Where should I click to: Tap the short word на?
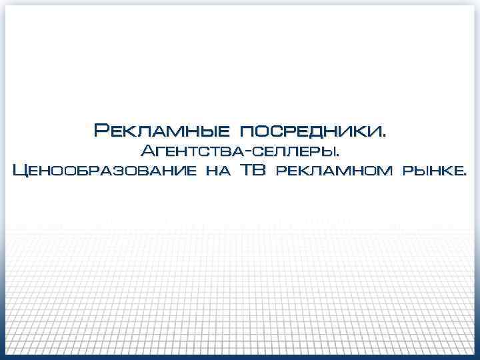217,171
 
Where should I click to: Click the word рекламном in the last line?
333,171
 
